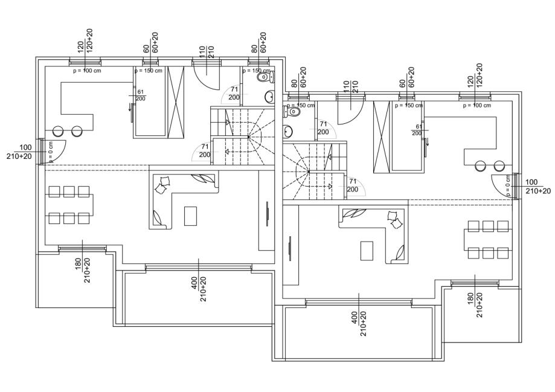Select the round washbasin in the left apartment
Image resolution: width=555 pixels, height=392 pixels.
coord(269,97)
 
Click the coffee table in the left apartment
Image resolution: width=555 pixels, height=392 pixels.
coord(190,215)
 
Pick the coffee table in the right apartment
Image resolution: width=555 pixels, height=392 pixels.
coord(367,249)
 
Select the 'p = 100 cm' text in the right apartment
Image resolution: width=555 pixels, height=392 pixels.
coord(477,105)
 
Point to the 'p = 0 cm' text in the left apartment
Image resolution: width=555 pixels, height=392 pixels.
coord(51,152)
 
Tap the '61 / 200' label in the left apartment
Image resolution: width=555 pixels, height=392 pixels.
coord(141,95)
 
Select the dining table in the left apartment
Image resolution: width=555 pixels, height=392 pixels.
coord(69,204)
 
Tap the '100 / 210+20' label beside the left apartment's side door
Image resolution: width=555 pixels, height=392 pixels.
coord(25,152)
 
